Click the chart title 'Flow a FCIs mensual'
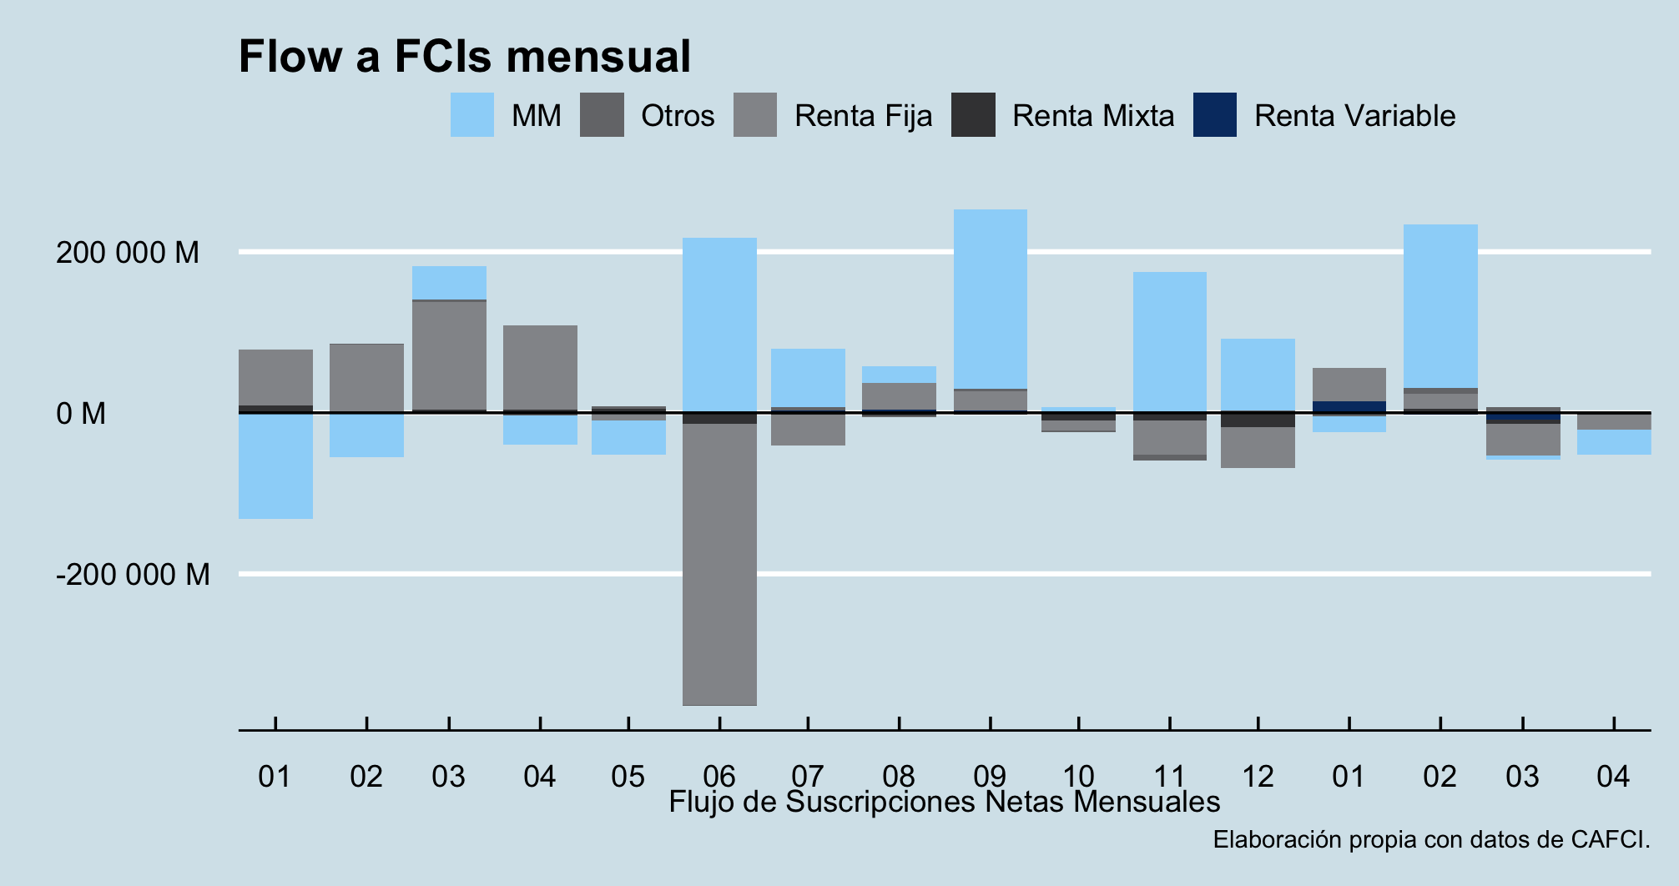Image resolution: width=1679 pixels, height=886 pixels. pyautogui.click(x=464, y=57)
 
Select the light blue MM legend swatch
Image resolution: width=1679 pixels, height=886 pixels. pyautogui.click(x=472, y=115)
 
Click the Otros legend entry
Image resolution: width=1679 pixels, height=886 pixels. pyautogui.click(x=677, y=116)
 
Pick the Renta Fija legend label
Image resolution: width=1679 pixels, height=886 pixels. pyautogui.click(x=863, y=116)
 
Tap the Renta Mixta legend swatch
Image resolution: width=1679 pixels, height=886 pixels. pyautogui.click(x=973, y=115)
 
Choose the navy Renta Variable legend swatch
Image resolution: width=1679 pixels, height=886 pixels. pyautogui.click(x=1215, y=115)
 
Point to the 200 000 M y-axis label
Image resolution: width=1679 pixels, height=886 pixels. pyautogui.click(x=128, y=252)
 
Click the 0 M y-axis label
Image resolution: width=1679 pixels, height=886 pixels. pyautogui.click(x=81, y=413)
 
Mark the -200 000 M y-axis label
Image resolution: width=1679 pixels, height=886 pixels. pyautogui.click(x=133, y=575)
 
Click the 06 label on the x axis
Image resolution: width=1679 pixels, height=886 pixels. pyautogui.click(x=718, y=777)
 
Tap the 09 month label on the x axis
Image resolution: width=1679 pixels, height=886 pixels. pyautogui.click(x=990, y=777)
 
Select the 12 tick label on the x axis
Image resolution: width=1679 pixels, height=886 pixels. pyautogui.click(x=1258, y=777)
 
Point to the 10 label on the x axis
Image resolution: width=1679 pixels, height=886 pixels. pyautogui.click(x=1078, y=777)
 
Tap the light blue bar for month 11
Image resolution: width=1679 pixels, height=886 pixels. pyautogui.click(x=1169, y=341)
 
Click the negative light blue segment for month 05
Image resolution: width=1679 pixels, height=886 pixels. pyautogui.click(x=628, y=437)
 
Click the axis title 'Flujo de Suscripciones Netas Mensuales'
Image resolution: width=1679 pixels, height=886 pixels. pyautogui.click(x=944, y=802)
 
